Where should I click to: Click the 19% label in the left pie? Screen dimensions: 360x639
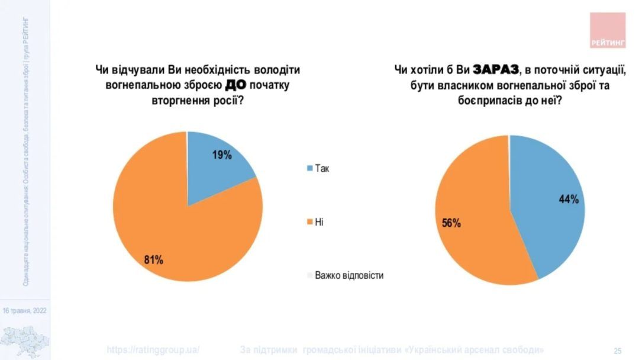pyautogui.click(x=222, y=155)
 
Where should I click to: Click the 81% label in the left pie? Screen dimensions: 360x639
pyautogui.click(x=154, y=259)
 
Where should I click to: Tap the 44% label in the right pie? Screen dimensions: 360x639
pyautogui.click(x=568, y=200)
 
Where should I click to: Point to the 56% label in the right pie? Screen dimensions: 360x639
pyautogui.click(x=451, y=223)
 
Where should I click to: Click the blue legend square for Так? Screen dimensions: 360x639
pyautogui.click(x=309, y=169)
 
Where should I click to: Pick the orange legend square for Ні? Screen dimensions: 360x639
pyautogui.click(x=309, y=222)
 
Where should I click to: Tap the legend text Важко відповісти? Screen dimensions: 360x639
pyautogui.click(x=349, y=275)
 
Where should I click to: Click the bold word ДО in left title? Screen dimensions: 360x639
pyautogui.click(x=235, y=85)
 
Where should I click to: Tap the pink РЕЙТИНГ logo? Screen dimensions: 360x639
pyautogui.click(x=608, y=30)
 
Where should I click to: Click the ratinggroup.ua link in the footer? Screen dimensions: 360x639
pyautogui.click(x=154, y=349)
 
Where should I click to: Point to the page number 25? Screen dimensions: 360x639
pyautogui.click(x=617, y=350)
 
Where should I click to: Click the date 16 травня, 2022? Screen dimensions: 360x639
pyautogui.click(x=24, y=310)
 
